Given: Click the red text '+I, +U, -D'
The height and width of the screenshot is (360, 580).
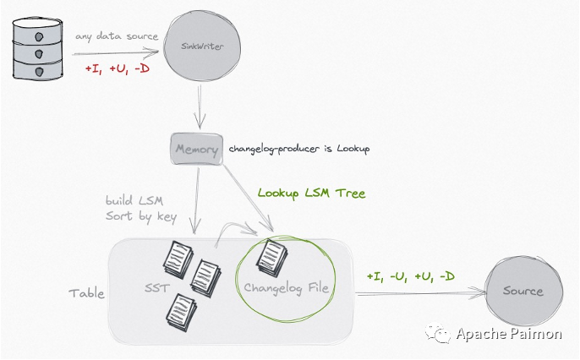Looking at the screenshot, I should point(117,68).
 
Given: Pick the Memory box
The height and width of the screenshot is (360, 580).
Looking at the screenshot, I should point(196,150).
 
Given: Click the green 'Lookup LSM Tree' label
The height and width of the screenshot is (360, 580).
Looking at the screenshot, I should point(311,194).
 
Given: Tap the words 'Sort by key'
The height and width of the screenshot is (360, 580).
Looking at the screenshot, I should point(140,216).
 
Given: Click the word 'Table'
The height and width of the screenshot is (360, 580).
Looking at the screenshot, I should point(86,293).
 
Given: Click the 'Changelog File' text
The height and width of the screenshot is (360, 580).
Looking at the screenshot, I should point(288,289).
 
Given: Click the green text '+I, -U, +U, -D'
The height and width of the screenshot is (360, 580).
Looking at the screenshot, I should point(411,276).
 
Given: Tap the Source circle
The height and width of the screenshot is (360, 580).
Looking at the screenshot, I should point(522,292).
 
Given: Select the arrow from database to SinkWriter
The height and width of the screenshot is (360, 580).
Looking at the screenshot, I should point(118,52).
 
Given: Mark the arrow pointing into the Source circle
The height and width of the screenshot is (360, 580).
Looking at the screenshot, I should point(423,293).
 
